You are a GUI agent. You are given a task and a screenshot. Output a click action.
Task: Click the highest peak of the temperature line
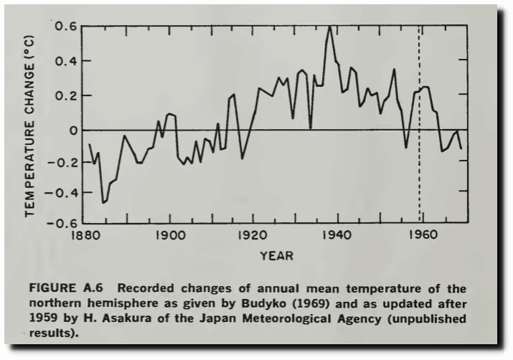click(329, 27)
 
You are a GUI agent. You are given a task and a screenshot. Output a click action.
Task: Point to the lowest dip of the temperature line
click(103, 203)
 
